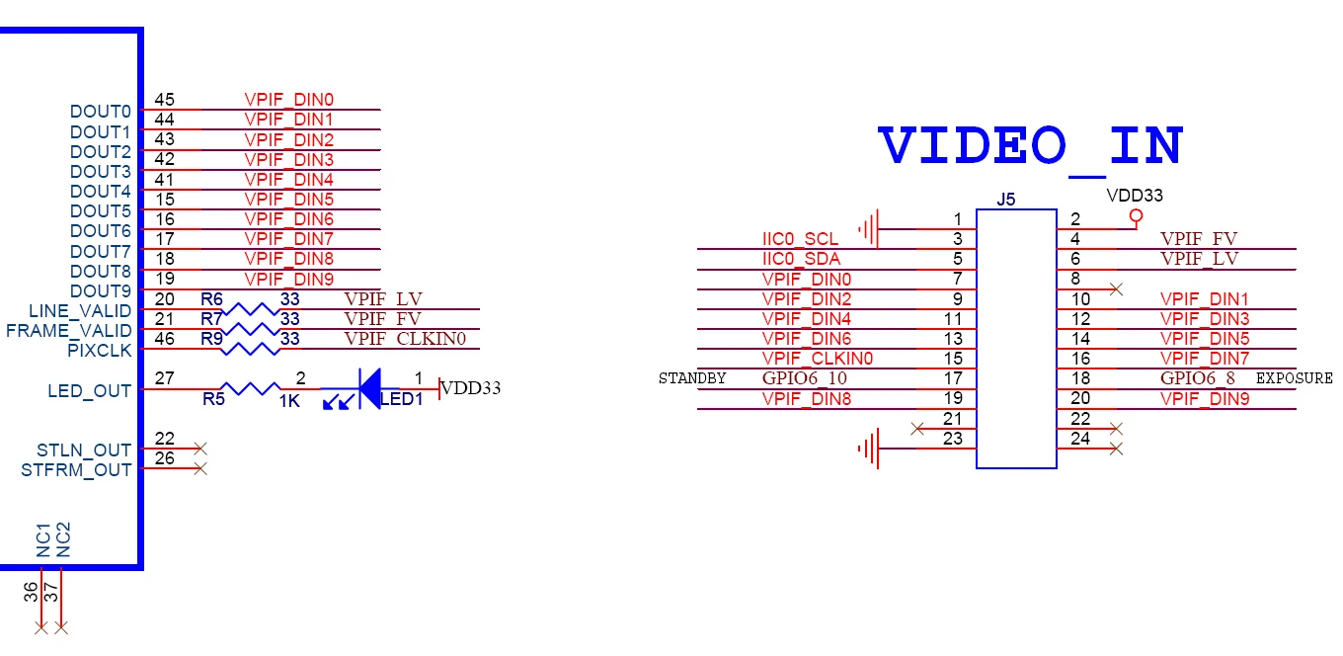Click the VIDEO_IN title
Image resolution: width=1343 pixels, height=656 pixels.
tap(1031, 147)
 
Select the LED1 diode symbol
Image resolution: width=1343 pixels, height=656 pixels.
tap(370, 389)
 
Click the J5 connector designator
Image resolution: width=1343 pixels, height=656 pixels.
tap(1005, 200)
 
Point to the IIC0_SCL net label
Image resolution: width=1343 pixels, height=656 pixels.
tap(800, 239)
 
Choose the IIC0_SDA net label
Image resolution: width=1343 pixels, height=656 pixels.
tap(801, 259)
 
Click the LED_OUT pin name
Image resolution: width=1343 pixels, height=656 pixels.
tap(89, 391)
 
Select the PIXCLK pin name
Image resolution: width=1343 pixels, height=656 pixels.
tap(99, 351)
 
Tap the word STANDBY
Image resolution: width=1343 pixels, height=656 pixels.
tap(692, 378)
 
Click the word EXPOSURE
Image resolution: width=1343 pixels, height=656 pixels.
tap(1294, 378)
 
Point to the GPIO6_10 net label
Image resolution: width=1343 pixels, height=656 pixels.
tap(805, 378)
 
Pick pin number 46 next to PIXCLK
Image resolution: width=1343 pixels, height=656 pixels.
tap(165, 338)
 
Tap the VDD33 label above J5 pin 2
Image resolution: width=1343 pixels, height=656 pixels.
tap(1135, 196)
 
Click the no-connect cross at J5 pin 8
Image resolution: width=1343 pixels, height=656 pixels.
tap(1116, 289)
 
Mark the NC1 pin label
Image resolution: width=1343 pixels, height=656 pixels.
tap(43, 541)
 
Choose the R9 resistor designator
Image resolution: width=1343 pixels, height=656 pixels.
tap(210, 338)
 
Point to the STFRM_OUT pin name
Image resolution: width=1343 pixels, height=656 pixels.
tap(76, 470)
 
